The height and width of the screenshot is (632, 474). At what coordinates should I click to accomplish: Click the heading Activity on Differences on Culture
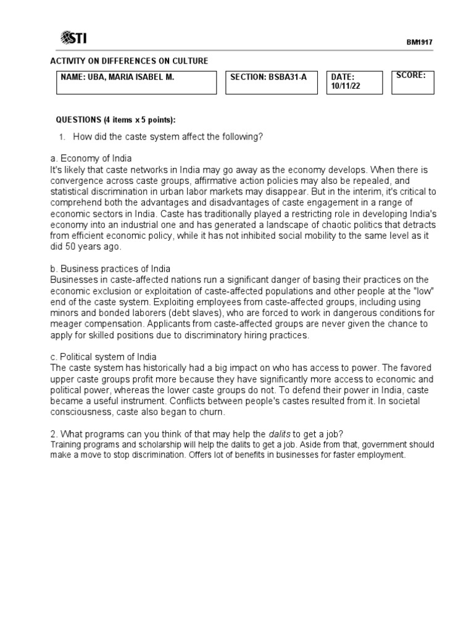128,60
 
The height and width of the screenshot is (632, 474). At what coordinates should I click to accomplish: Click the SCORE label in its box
411,75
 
